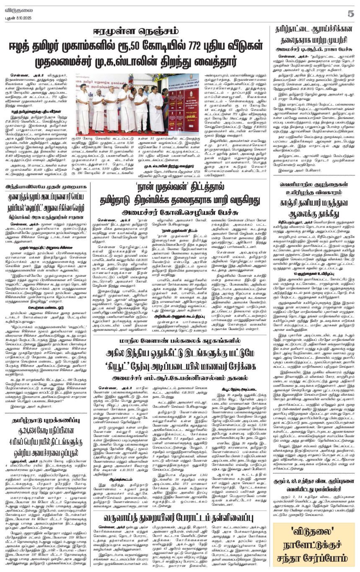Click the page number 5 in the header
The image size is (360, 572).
coord(350,13)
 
